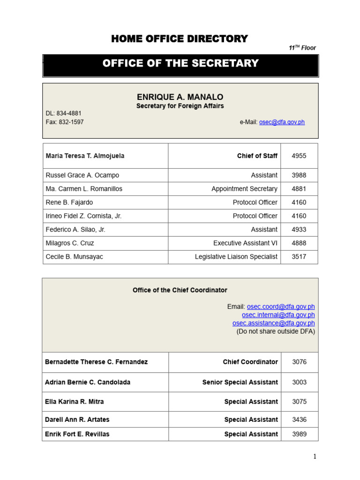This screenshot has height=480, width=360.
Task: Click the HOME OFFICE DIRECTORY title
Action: coord(180,39)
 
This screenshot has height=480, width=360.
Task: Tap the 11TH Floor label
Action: coord(302,48)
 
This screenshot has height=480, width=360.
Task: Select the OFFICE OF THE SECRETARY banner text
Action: coord(180,63)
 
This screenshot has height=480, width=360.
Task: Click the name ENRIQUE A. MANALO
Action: coord(180,97)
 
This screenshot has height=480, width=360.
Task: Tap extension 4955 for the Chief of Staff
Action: coord(299,156)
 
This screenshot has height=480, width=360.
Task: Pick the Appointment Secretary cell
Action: coord(244,189)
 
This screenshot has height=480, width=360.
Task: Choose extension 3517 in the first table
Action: coord(299,257)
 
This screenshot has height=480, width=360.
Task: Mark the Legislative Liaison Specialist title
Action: coord(236,257)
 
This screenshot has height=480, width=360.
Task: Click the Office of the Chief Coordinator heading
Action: coord(180,290)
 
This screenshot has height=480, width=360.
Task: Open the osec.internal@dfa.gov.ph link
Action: coord(278,315)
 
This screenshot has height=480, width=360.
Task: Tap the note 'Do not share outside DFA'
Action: coord(276,331)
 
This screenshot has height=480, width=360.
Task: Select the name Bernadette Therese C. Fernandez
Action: coord(96,362)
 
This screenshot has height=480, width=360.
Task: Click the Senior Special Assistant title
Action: coord(240,382)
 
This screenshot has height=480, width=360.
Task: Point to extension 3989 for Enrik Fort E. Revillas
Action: coord(299,434)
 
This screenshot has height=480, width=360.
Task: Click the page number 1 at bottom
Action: coord(315,457)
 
